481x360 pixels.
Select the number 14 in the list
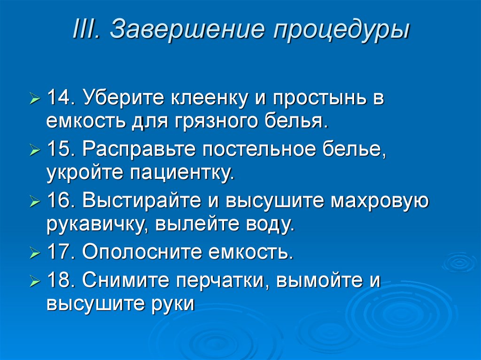(59, 98)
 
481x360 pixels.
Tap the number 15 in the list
(59, 150)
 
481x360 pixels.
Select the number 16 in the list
(59, 202)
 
